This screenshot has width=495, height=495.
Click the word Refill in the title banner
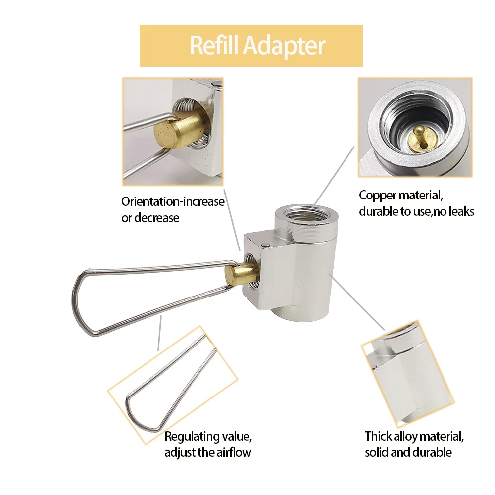(x=214, y=46)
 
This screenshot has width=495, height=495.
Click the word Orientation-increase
(x=173, y=202)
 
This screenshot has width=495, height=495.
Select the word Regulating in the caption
(x=191, y=436)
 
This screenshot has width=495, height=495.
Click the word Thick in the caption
(x=378, y=436)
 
